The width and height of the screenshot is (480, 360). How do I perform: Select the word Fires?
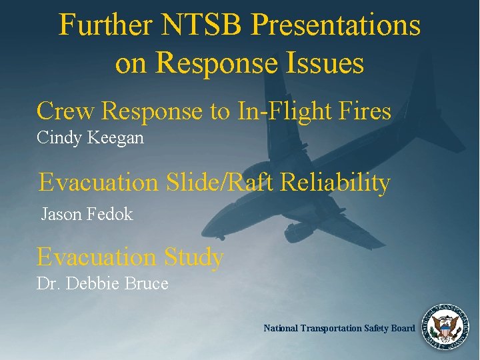(x=369, y=111)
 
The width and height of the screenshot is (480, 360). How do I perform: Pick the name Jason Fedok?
(x=87, y=214)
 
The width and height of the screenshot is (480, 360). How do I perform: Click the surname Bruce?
(x=147, y=283)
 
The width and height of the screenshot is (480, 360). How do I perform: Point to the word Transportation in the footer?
(x=333, y=328)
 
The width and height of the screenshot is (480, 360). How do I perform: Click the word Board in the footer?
(x=403, y=328)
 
